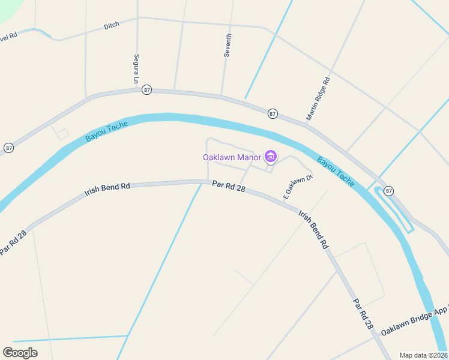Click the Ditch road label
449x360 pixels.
[x=112, y=25]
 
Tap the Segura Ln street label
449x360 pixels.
[x=136, y=69]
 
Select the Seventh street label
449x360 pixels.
[x=228, y=45]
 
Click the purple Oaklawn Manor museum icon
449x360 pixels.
[x=270, y=157]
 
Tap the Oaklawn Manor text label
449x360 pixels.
[x=232, y=157]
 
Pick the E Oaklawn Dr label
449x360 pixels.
[x=298, y=187]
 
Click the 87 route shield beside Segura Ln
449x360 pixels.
[x=147, y=90]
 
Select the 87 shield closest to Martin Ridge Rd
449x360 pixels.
[x=273, y=113]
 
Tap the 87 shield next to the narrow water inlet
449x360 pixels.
[x=389, y=191]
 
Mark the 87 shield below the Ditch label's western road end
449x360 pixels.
[x=8, y=148]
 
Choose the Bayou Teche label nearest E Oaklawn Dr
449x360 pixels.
[x=336, y=172]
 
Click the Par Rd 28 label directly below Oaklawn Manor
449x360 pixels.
[x=229, y=187]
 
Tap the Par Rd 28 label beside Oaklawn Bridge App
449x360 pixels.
[x=363, y=314]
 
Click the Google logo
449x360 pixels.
[x=20, y=352]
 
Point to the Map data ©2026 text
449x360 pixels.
[x=423, y=355]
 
